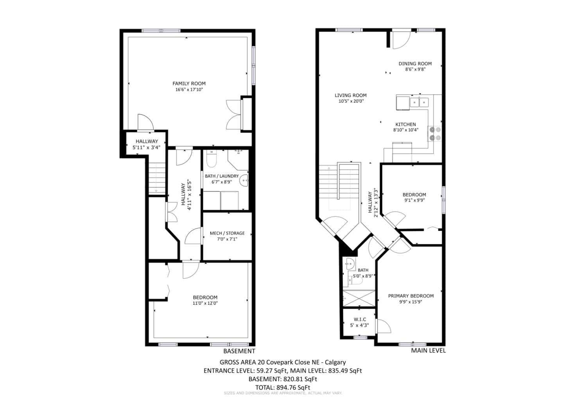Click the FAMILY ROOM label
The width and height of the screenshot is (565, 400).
point(189,84)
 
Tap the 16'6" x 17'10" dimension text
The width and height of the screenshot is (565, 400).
point(189,89)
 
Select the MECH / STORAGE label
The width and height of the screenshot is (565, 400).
point(227,233)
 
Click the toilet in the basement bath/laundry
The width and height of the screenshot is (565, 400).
point(212,159)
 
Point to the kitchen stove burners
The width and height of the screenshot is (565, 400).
point(435,134)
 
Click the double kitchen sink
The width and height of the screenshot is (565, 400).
point(419,102)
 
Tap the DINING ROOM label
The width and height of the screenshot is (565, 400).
point(415,64)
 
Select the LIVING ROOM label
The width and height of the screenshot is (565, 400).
point(351,95)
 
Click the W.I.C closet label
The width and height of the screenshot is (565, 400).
point(360,320)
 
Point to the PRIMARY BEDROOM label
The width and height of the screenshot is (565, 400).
point(411,296)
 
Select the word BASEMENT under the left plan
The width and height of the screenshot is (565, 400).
point(239,351)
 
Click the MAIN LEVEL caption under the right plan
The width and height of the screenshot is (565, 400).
point(428,351)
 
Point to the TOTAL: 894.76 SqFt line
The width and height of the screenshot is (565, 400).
point(282,387)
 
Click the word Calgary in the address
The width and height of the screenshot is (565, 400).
point(335,362)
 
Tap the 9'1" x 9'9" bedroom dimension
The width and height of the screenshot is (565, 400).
point(414,200)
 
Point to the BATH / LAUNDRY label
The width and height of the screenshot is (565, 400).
point(222,176)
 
